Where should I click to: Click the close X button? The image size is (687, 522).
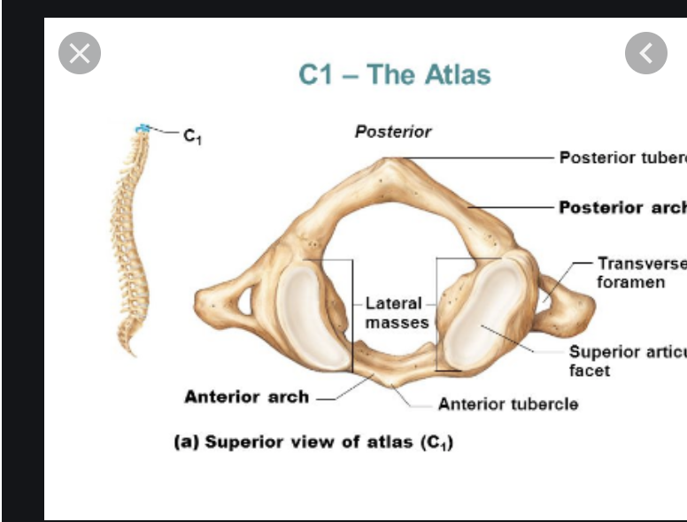(x=80, y=53)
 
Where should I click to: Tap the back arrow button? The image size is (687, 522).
(x=645, y=53)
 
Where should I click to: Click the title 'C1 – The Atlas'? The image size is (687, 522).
(x=394, y=74)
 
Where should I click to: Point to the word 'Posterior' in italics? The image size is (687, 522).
(x=392, y=132)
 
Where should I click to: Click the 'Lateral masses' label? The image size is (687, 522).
(x=395, y=313)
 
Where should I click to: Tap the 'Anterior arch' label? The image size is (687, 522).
(x=246, y=396)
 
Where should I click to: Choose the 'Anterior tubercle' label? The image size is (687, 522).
(x=508, y=404)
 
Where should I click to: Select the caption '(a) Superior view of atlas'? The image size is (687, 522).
(x=313, y=442)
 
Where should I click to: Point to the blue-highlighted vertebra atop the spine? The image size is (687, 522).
(x=142, y=130)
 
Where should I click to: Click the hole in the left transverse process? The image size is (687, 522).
(x=243, y=302)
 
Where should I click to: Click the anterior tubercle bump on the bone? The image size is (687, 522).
(x=387, y=381)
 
